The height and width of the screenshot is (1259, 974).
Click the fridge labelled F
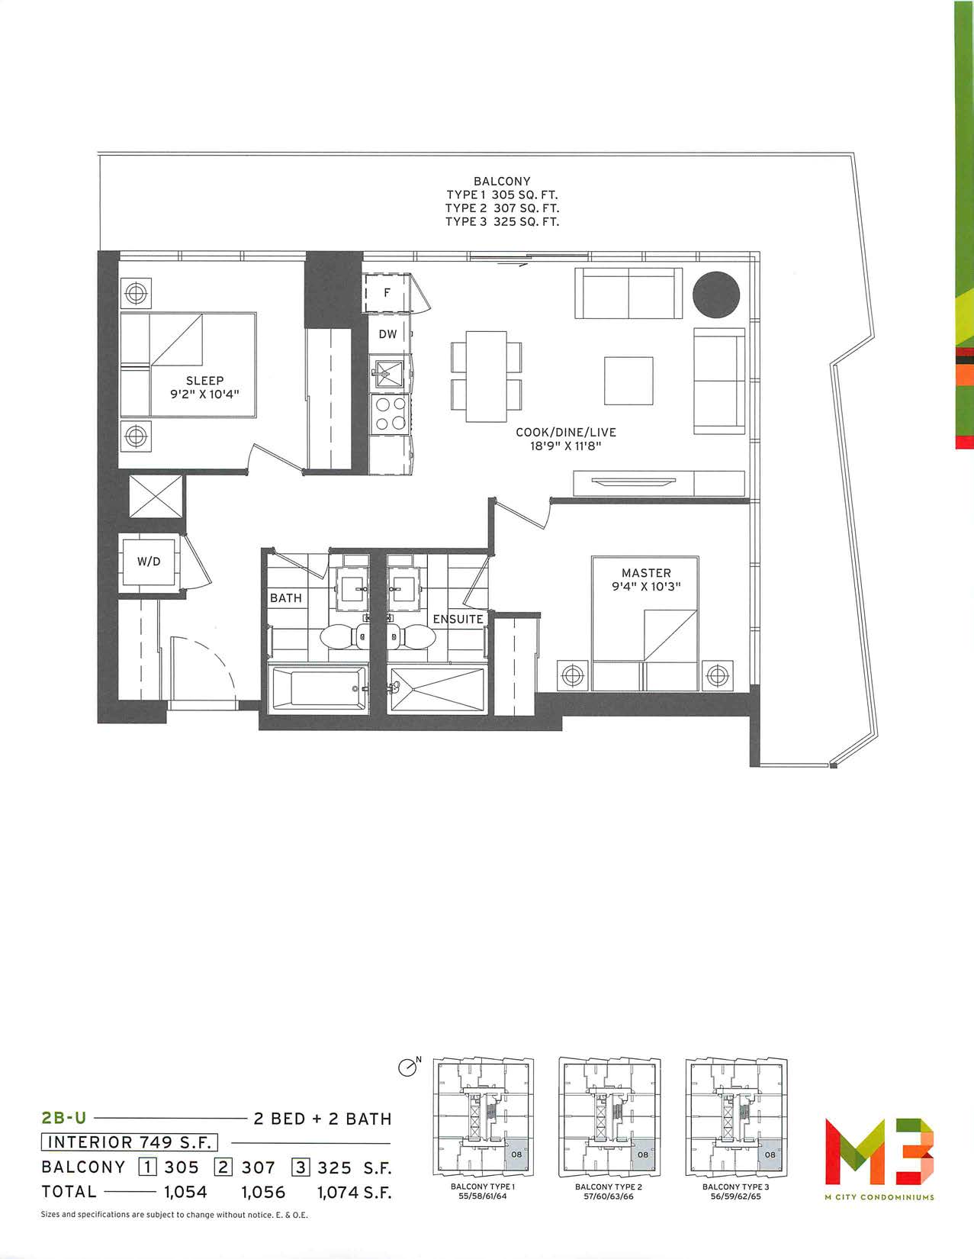point(387,293)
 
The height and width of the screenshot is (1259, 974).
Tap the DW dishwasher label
point(388,333)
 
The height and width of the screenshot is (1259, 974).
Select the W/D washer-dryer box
point(149,562)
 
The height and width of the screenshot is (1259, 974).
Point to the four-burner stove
point(391,414)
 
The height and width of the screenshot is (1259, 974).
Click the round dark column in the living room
point(715,295)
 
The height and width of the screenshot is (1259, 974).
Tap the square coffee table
point(628,381)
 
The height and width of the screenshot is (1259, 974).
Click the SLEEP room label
point(204,381)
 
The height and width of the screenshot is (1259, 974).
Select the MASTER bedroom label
point(646,573)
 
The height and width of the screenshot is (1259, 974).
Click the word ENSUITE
point(458,619)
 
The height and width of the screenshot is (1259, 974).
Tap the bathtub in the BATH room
point(320,687)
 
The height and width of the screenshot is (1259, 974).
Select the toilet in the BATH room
point(342,636)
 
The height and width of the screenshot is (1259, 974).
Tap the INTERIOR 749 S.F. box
point(129,1142)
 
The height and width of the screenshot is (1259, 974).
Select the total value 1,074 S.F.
point(355,1192)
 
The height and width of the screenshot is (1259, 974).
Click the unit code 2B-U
point(64,1118)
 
